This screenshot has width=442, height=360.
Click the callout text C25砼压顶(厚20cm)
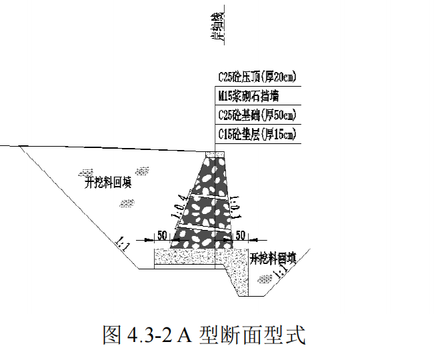click(x=256, y=77)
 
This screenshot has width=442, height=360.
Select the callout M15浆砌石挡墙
click(x=247, y=96)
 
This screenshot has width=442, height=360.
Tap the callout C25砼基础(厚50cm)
click(x=256, y=115)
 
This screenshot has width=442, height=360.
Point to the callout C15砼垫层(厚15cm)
click(x=256, y=134)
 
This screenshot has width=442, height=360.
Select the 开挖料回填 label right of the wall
click(x=273, y=257)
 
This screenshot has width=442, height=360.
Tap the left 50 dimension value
click(x=162, y=235)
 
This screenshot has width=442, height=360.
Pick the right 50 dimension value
click(x=241, y=235)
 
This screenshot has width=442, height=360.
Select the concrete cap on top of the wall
click(x=215, y=155)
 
